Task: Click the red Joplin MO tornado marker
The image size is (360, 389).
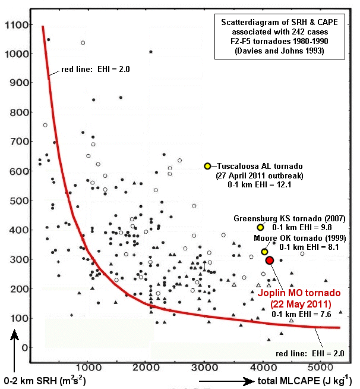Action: pos(269,261)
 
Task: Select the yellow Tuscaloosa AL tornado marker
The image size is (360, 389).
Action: pos(207,166)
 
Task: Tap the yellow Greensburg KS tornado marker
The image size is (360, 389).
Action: pos(260,227)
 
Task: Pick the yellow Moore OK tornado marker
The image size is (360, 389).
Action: pos(264,252)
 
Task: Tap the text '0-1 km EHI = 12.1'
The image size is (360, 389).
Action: pos(260,187)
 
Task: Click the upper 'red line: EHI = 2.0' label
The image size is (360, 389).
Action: pos(95,70)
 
